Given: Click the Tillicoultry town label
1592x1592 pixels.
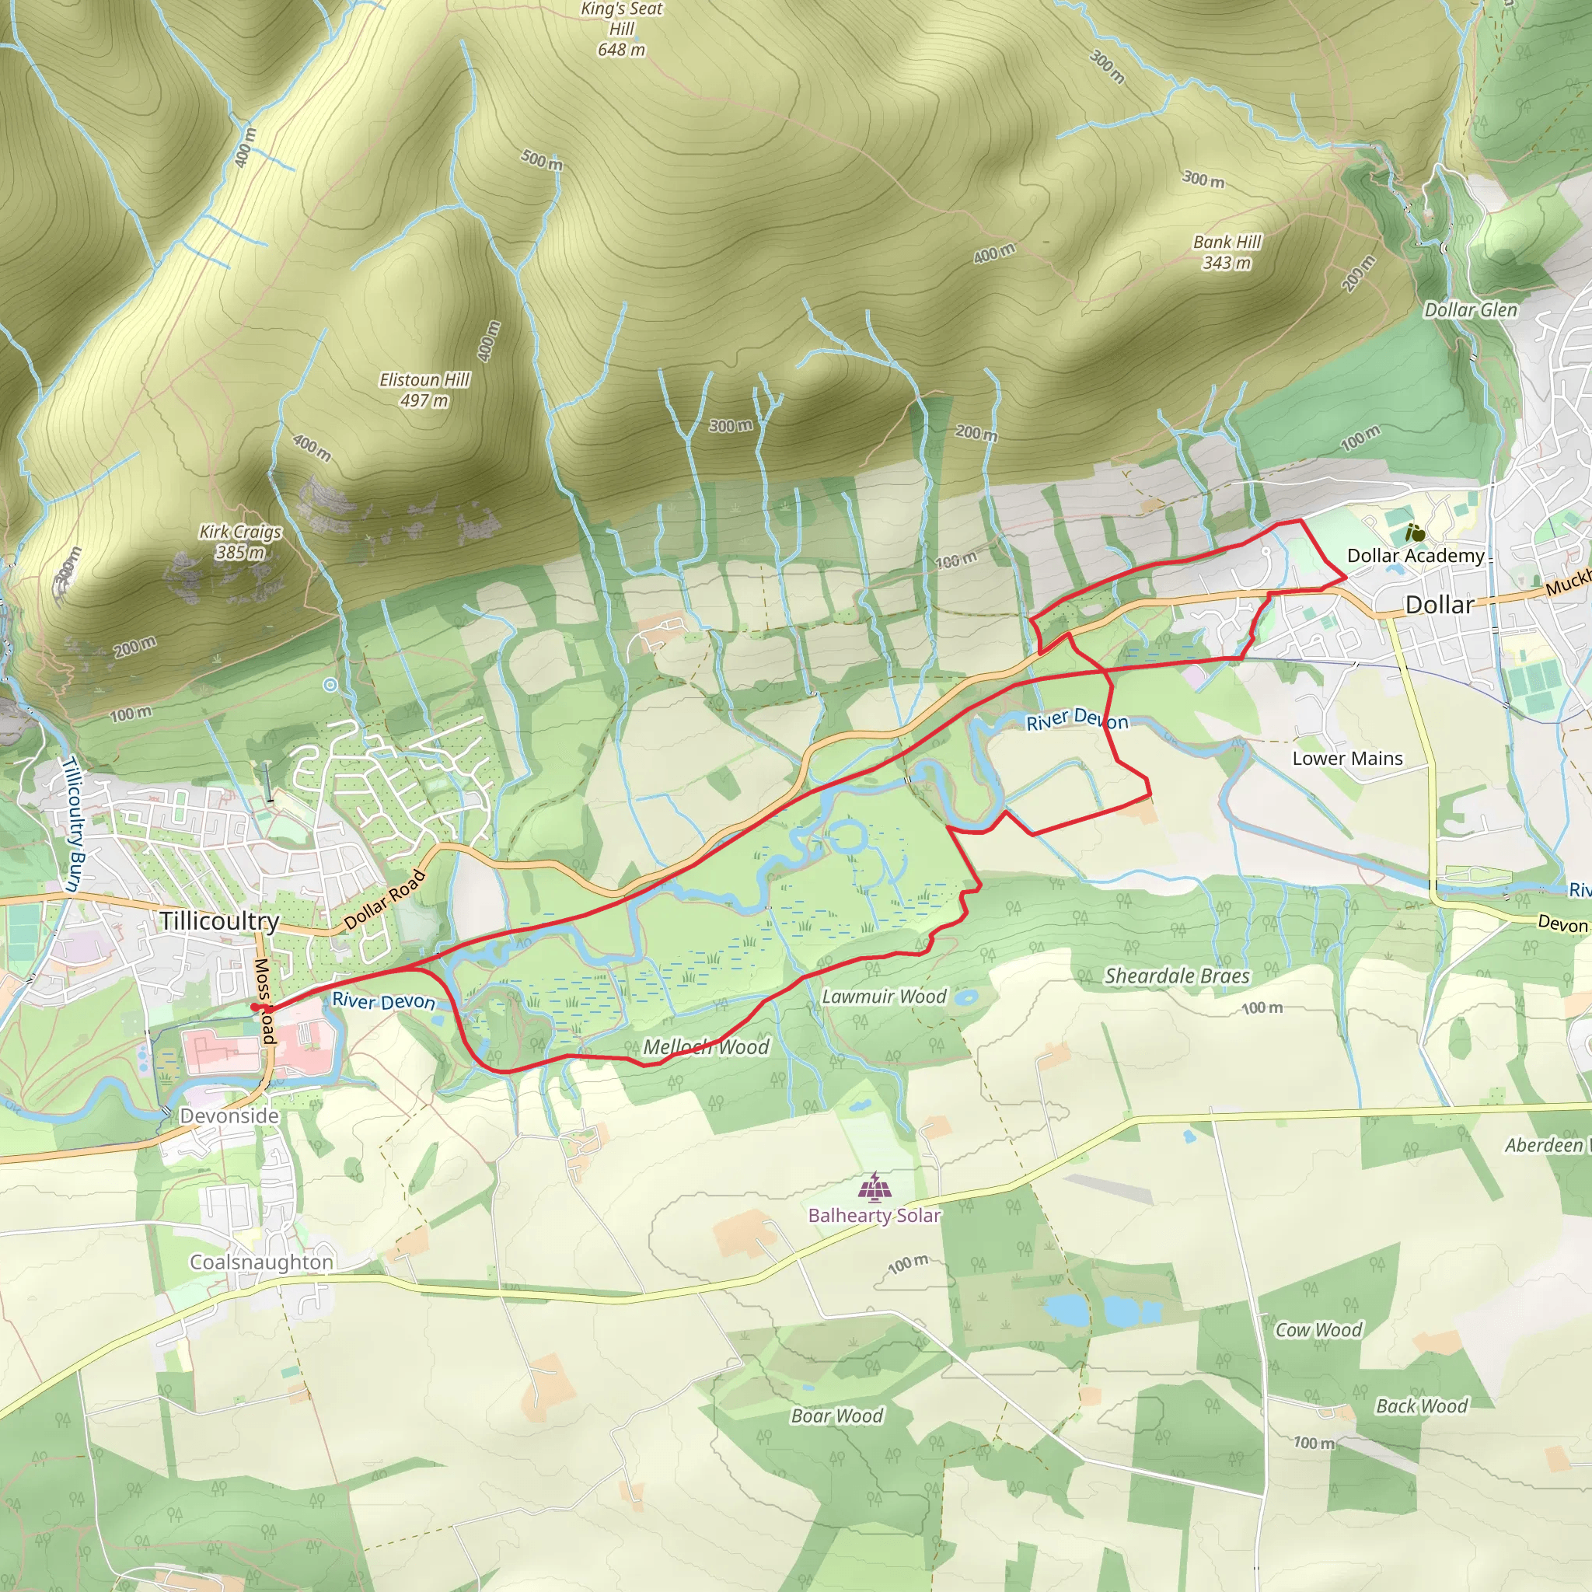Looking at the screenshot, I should click(x=219, y=920).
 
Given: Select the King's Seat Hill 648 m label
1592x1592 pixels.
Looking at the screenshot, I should click(x=621, y=30).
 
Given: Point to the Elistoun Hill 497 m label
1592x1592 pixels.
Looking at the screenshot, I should click(x=424, y=389).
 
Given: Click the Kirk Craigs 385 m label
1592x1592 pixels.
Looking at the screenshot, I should click(x=241, y=541).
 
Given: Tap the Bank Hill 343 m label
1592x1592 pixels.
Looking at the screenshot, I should click(x=1227, y=252).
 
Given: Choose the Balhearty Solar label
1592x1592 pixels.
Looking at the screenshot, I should click(x=875, y=1216).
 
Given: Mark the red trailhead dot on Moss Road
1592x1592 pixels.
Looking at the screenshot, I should click(x=256, y=1007).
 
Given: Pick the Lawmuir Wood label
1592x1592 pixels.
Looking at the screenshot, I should click(x=884, y=997).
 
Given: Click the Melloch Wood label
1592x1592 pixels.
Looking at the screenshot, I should click(x=706, y=1047).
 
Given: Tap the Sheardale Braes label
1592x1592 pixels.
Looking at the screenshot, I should click(x=1177, y=976).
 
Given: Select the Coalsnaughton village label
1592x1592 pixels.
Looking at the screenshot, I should click(x=261, y=1262).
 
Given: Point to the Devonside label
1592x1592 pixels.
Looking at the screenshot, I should click(x=229, y=1115).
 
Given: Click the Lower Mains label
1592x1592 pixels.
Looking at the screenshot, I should click(x=1347, y=758).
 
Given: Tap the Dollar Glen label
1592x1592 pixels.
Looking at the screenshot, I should click(x=1471, y=310).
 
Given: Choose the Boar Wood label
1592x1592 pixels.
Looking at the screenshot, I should click(x=836, y=1416).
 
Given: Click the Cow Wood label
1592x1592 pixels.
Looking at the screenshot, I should click(x=1318, y=1330).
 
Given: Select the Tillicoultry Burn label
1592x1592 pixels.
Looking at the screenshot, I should click(x=73, y=824).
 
